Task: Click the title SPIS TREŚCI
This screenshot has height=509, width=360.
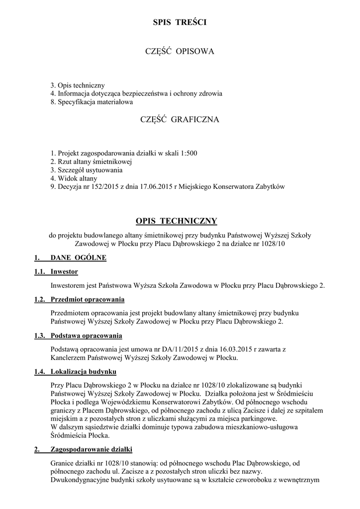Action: point(180,22)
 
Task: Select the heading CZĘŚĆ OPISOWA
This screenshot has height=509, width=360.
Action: point(180,51)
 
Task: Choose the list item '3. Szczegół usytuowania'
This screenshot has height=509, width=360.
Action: point(87,170)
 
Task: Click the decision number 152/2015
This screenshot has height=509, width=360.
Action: point(100,187)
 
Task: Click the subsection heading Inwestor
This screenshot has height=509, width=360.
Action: point(64,272)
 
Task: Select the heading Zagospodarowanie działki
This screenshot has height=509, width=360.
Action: point(91,450)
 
